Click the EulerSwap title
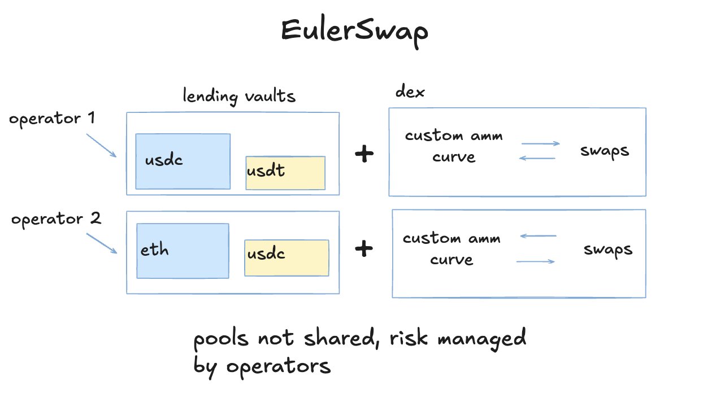tap(354, 32)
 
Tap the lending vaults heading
tap(239, 96)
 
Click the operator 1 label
tap(52, 119)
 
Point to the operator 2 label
tap(56, 218)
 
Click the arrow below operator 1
tap(101, 146)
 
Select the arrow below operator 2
tap(102, 243)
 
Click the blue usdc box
tap(183, 161)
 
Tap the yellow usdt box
tap(285, 173)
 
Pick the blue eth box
tap(183, 251)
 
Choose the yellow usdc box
tap(286, 258)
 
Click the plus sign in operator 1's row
tap(364, 154)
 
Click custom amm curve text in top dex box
tap(454, 146)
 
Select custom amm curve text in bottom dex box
tap(452, 249)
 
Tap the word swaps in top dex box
tap(605, 152)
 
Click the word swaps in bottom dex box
tap(608, 250)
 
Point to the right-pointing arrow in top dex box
tap(540, 144)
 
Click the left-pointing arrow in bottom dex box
tap(538, 236)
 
